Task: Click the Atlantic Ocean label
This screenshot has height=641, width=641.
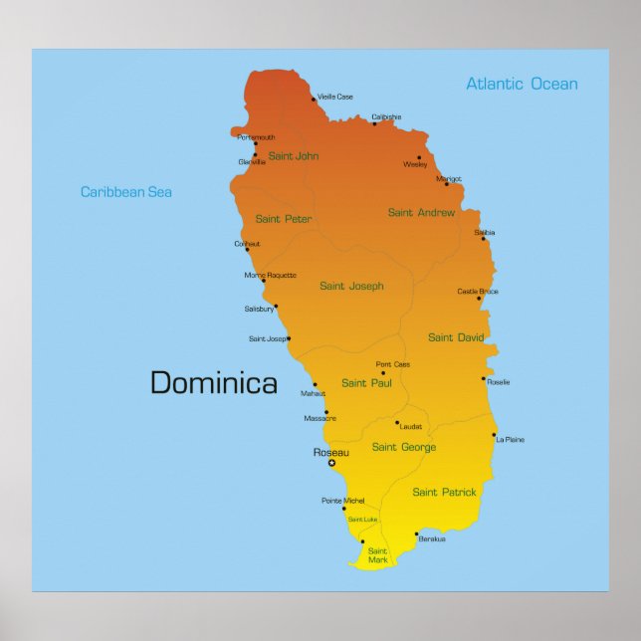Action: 522,84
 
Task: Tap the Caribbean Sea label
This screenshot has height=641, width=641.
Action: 126,192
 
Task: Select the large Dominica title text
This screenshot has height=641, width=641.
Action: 213,382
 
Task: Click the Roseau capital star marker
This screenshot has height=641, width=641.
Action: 331,463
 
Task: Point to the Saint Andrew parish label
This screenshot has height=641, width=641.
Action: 421,212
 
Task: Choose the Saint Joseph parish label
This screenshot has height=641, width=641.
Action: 351,286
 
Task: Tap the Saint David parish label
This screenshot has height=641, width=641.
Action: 456,337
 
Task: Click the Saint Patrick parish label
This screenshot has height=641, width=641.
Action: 444,492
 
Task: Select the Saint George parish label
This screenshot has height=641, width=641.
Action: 404,447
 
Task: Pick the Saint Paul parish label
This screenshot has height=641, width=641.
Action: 366,382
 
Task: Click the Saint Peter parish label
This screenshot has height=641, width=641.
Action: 284,219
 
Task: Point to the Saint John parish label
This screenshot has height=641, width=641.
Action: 294,155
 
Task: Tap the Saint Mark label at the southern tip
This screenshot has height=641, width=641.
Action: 378,555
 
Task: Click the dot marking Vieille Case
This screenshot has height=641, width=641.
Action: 313,100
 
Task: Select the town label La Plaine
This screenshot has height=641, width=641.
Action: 510,439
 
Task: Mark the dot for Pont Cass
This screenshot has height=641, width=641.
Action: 383,373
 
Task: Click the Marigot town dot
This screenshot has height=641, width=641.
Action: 447,183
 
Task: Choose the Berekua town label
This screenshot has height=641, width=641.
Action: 432,538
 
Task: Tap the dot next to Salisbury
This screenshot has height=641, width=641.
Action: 276,306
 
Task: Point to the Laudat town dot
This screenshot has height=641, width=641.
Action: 396,422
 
